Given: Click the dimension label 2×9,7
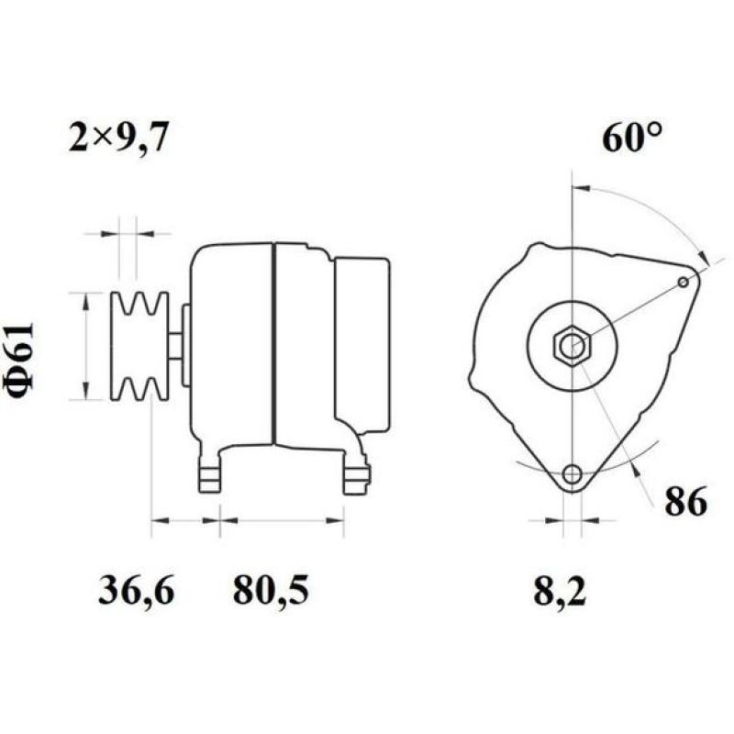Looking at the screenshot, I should (x=119, y=139).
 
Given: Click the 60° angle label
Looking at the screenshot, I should (x=632, y=138).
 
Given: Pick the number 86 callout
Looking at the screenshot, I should (x=684, y=502).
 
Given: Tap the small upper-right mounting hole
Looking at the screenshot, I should (x=684, y=282).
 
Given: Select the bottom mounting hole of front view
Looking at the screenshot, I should (x=573, y=474).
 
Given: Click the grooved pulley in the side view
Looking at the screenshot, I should (x=139, y=346).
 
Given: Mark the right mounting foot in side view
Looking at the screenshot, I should (x=356, y=473).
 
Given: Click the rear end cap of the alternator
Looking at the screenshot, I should (x=361, y=346).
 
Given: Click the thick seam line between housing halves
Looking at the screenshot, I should (x=273, y=346).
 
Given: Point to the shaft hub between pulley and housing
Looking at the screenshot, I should (x=175, y=346).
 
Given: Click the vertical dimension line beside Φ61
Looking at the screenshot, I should (x=86, y=346).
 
